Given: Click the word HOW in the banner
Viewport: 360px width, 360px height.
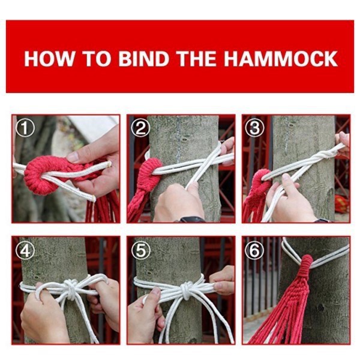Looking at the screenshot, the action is point(49,59).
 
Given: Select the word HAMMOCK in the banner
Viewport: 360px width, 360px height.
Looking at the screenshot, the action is point(281,59).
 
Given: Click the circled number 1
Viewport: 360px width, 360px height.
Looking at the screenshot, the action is point(25,128).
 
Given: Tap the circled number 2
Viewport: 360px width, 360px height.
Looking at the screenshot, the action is point(140,128).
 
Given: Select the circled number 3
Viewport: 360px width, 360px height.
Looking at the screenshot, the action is point(254,128).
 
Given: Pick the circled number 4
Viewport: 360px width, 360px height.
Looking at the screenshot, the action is point(25,250).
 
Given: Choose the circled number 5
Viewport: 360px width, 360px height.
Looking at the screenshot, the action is point(140,250).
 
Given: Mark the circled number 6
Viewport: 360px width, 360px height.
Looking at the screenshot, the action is point(254,250).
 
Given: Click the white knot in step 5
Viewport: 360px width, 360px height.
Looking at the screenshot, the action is point(186,290).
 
